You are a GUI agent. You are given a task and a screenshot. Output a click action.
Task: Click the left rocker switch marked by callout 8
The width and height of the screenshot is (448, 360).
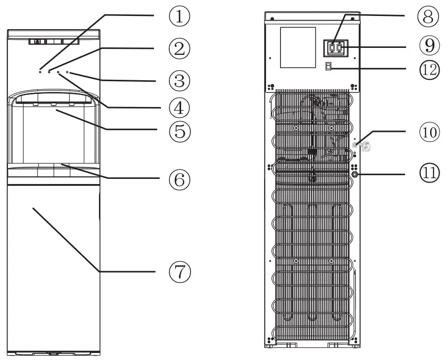tap(332, 47)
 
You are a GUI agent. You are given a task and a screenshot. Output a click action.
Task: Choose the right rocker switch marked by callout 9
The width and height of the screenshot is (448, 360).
tap(340, 47)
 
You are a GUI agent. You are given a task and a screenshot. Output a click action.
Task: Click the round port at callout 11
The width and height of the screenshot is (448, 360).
tap(355, 174)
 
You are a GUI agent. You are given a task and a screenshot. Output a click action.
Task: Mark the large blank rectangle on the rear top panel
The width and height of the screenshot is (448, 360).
tap(297, 47)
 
